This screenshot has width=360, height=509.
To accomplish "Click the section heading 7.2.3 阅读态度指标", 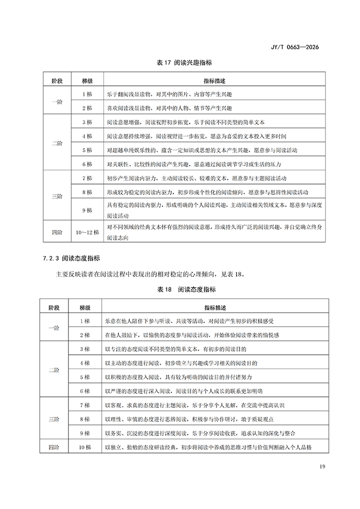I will click(71, 258).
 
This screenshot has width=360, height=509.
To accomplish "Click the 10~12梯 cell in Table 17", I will click(87, 232).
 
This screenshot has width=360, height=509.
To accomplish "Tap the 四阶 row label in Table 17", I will click(56, 232).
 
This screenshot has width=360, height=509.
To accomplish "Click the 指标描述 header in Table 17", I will click(214, 81).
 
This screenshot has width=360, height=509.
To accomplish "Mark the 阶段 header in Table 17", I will click(56, 81).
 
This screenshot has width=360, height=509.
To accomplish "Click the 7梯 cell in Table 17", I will click(87, 178).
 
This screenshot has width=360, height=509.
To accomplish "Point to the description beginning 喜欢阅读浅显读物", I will click(169, 108).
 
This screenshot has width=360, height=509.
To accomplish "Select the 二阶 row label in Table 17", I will click(56, 143).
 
